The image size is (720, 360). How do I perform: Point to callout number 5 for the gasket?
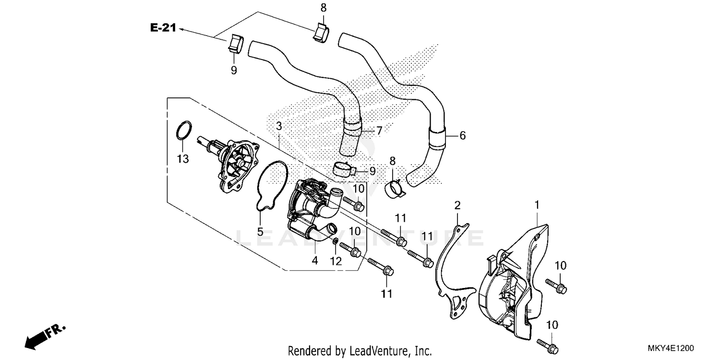coord(260,232)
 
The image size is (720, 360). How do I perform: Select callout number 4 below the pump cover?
coord(315,261)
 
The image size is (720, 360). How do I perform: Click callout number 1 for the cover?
coord(537,205)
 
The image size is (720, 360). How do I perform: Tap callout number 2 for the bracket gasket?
coord(457,206)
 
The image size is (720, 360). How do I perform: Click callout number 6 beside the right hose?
coord(462,136)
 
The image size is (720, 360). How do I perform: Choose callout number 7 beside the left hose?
coord(379,130)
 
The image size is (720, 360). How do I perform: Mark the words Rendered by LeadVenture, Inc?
coord(360,350)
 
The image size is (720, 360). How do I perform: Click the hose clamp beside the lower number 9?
coord(344,169)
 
